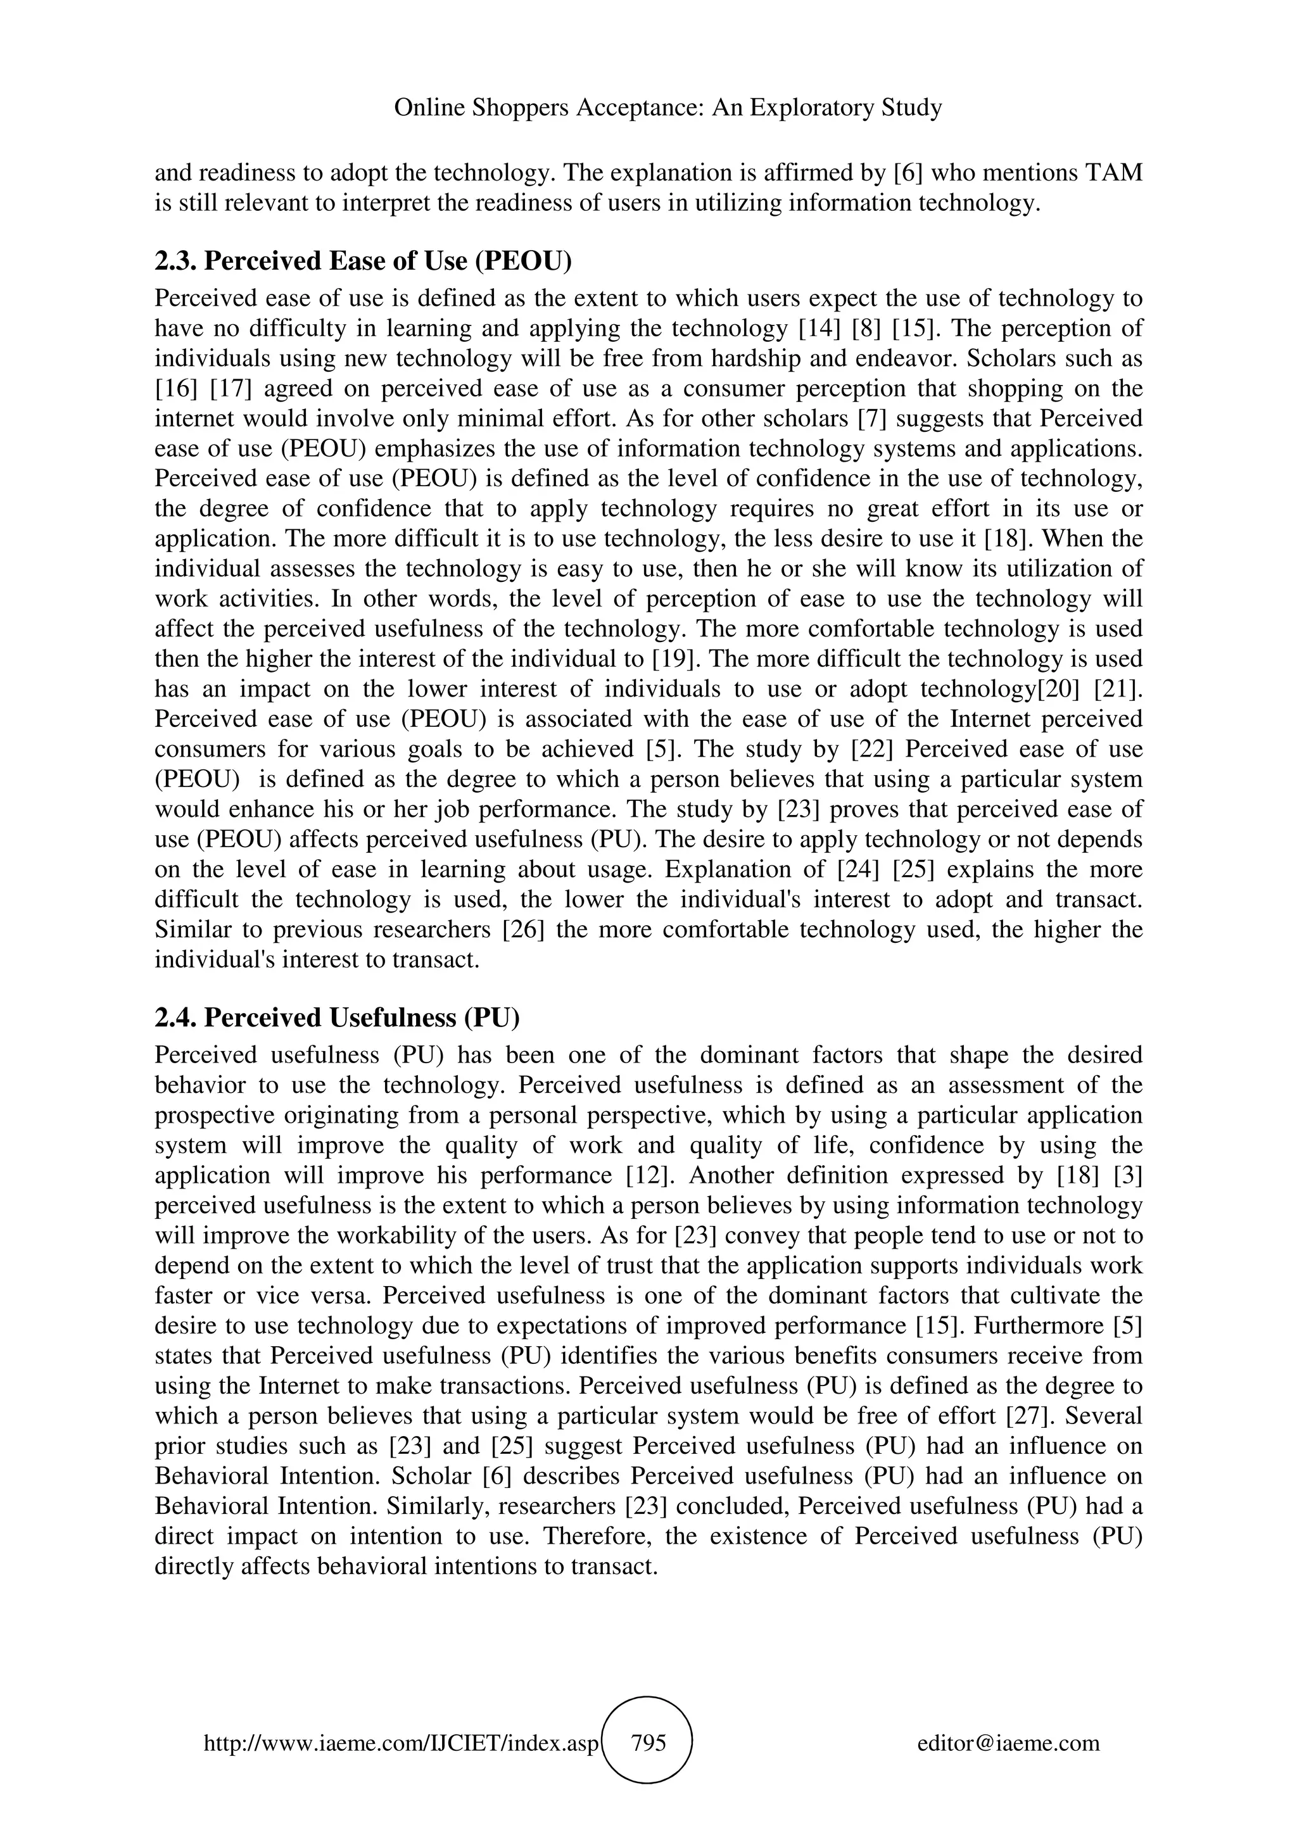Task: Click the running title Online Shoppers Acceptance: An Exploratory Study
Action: point(668,107)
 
